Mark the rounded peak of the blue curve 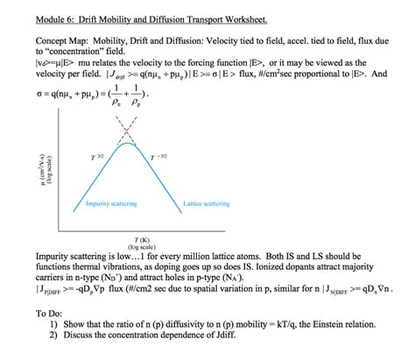pyautogui.click(x=129, y=143)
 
